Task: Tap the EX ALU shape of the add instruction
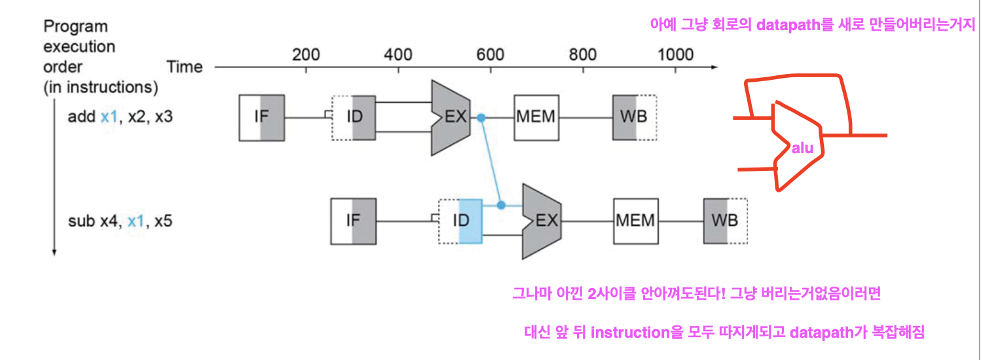(x=451, y=118)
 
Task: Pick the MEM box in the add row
(x=535, y=118)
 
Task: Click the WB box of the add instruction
(x=634, y=118)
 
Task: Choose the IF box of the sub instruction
(x=354, y=221)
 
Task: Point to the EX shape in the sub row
(x=543, y=221)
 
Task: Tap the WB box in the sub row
(x=725, y=221)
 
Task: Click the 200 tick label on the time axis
(x=306, y=54)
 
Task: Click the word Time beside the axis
(x=185, y=67)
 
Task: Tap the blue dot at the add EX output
(x=481, y=118)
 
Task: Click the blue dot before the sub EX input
(x=501, y=205)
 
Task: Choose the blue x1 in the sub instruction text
(x=136, y=221)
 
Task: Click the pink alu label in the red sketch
(x=802, y=149)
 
